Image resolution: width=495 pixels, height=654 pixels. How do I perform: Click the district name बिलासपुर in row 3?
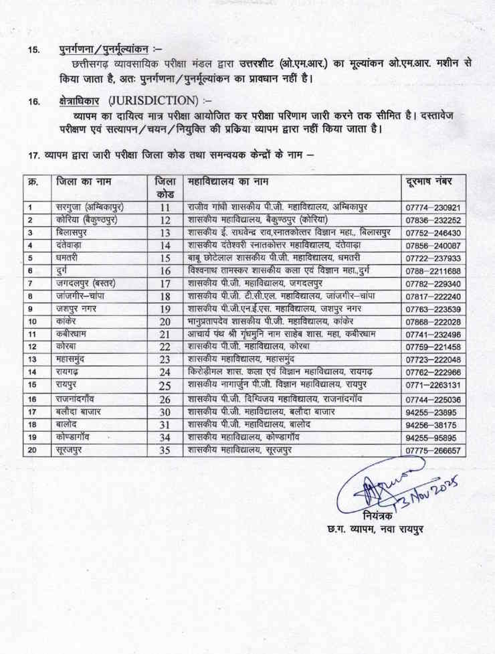click(x=76, y=232)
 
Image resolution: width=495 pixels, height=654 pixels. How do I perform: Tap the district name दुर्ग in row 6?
click(x=64, y=270)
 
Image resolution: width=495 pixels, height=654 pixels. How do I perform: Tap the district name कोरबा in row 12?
click(x=68, y=346)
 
